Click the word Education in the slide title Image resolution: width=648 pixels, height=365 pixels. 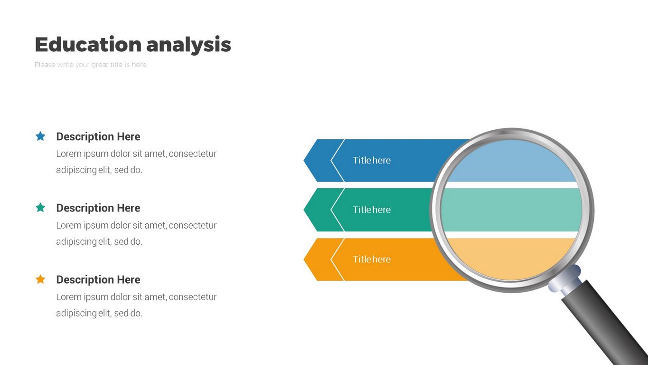point(88,44)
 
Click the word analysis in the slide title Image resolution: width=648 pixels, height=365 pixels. point(188,45)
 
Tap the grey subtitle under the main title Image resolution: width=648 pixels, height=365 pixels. point(90,65)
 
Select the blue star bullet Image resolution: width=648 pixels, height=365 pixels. point(40,136)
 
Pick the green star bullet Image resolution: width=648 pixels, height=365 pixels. point(40,207)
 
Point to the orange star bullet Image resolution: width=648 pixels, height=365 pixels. point(40,279)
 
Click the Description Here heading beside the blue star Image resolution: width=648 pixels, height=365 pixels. point(98,136)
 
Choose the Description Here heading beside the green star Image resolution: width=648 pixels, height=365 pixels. point(98,208)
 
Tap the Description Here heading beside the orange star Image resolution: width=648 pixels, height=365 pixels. point(98,279)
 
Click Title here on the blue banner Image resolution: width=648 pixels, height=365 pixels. point(372,160)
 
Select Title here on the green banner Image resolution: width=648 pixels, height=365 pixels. point(372,210)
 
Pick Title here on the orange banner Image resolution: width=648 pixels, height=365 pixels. point(372,259)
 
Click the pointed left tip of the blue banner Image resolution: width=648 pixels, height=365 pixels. point(304,160)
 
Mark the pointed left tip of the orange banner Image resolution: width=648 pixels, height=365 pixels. point(304,259)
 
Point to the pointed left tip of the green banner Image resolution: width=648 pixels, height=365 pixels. point(304,210)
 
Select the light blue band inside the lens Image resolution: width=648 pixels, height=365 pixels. point(511,161)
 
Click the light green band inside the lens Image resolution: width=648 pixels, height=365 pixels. point(511,210)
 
